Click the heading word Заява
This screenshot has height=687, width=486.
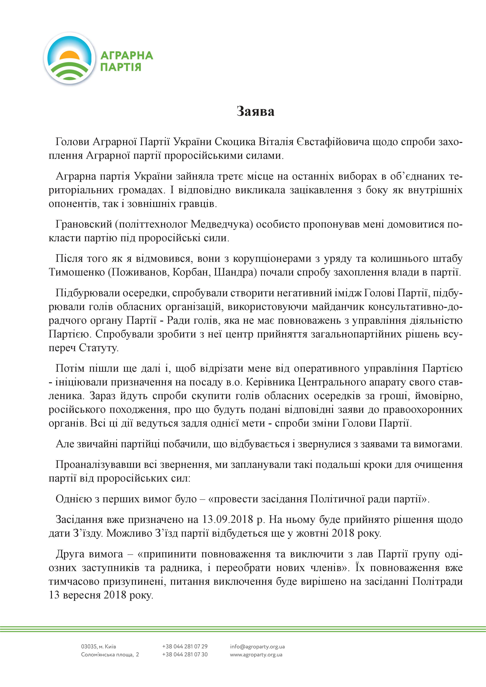255,111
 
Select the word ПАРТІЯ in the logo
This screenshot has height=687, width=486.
121,67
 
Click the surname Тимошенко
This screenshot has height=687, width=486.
77,273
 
